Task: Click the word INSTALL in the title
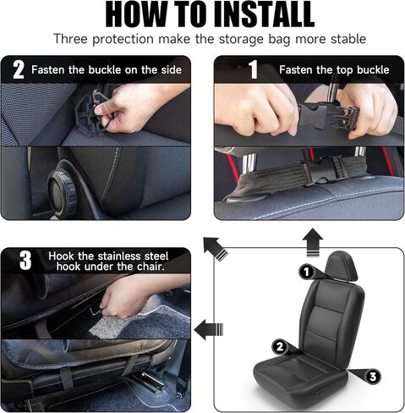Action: (x=265, y=14)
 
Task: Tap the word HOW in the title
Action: (x=136, y=14)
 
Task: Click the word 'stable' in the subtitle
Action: (x=348, y=39)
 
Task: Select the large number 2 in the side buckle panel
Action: (x=19, y=69)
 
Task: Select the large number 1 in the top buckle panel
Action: (x=254, y=69)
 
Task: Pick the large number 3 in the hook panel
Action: (x=25, y=261)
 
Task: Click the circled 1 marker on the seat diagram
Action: (x=306, y=272)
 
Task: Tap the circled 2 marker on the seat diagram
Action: (x=280, y=347)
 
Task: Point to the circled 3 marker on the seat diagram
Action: (x=373, y=377)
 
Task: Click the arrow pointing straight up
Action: (x=313, y=243)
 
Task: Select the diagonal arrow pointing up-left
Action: (x=216, y=249)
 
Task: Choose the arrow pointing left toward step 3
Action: (x=209, y=329)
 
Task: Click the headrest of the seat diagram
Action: (x=341, y=266)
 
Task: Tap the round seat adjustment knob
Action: (x=62, y=192)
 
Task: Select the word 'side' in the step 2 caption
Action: (x=171, y=69)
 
